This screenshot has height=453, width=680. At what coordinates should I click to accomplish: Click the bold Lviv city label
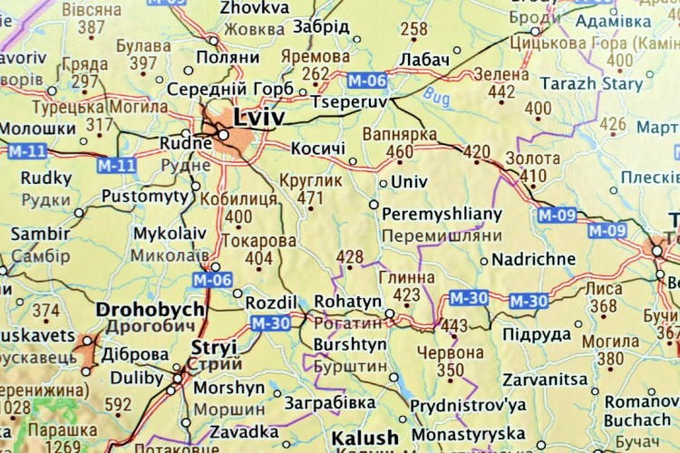pos(258,117)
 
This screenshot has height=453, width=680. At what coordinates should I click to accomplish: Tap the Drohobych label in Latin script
pos(150,309)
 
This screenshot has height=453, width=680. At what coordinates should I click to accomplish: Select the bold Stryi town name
pos(214,347)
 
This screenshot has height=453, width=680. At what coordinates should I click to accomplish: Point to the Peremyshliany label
pos(442,214)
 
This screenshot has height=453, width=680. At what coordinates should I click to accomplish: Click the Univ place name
pos(409,181)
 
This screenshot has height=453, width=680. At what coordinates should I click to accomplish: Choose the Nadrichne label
pos(533,258)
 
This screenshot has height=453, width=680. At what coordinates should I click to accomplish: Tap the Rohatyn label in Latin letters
pos(347,301)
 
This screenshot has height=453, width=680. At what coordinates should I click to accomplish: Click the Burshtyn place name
pos(350,344)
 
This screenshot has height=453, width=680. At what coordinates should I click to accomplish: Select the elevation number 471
pos(310,198)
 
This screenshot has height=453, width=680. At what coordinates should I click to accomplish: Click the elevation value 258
pos(413,29)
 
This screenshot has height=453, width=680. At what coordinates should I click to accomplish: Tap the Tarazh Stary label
pos(591,83)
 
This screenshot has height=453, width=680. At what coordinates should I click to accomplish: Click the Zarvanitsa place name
pos(544,379)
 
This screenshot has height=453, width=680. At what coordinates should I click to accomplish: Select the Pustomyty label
pos(144,196)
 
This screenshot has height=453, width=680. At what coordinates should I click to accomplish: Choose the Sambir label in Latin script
pos(40,233)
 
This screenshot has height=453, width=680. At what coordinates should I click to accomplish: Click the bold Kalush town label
pos(364,438)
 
